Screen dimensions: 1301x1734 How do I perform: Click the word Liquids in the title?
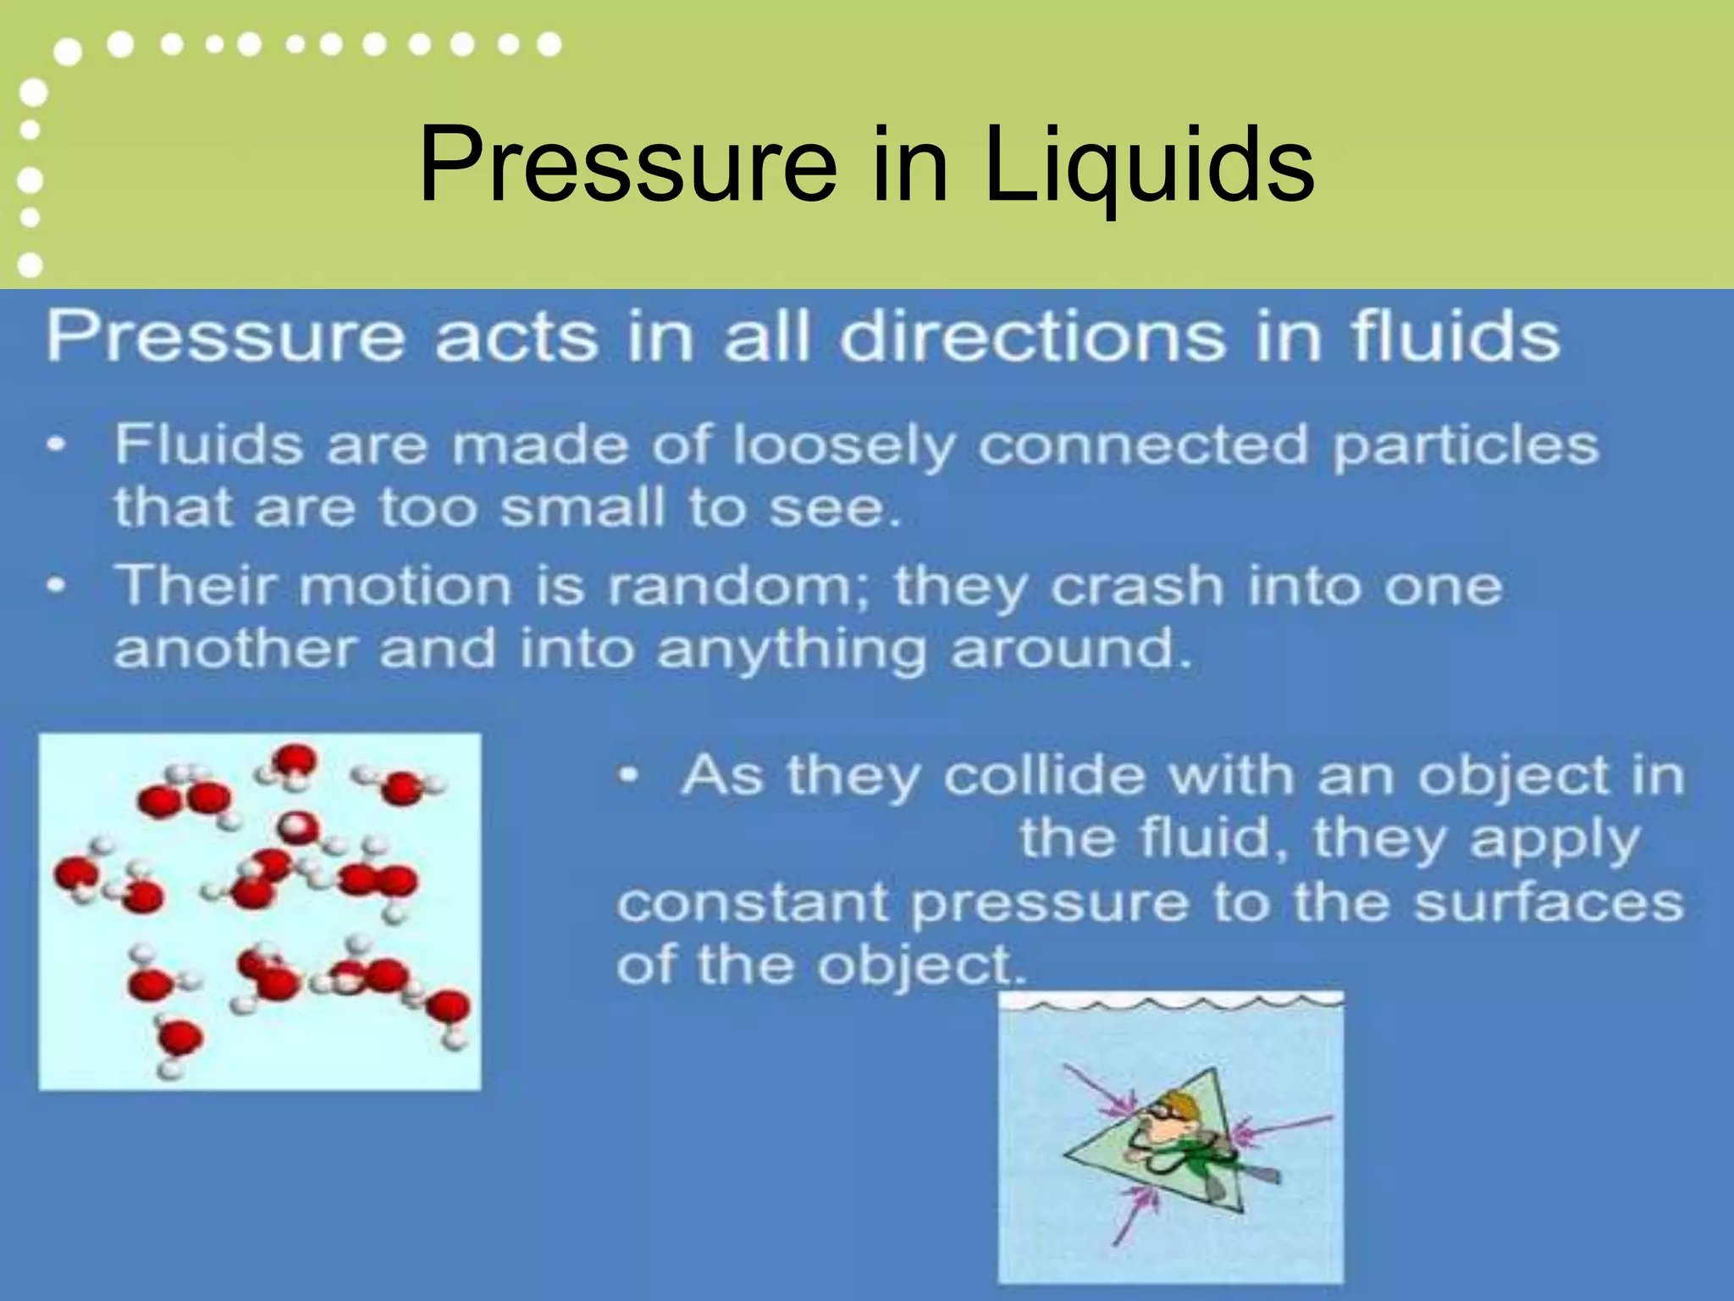[1149, 166]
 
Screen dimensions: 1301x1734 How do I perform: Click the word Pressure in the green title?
[627, 166]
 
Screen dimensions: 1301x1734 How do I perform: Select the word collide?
[1033, 775]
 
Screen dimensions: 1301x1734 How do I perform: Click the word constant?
[753, 903]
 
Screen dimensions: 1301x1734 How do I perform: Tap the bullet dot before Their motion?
[58, 585]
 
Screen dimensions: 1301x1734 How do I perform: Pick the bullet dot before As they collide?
[627, 775]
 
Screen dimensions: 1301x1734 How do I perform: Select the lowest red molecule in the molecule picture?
[180, 1038]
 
